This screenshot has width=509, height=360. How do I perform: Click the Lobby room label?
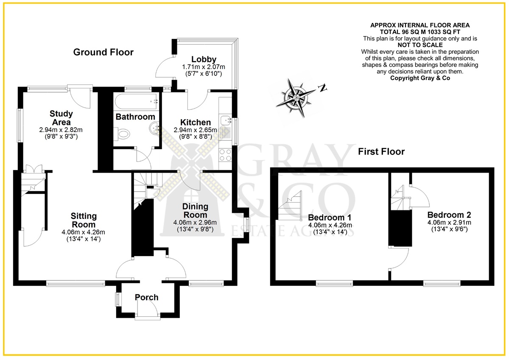coord(204,59)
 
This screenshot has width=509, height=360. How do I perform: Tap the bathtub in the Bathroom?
coord(136,101)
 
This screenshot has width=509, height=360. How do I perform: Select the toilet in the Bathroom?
coord(122,134)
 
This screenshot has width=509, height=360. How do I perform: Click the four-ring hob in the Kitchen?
coord(225,155)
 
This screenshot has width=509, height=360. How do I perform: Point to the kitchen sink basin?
coord(225,120)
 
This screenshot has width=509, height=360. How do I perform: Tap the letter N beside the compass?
coord(322,88)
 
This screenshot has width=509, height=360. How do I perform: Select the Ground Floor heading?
coord(103,52)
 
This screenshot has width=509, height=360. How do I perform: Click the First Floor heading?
coord(381,151)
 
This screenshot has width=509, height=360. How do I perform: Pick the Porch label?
coord(147,297)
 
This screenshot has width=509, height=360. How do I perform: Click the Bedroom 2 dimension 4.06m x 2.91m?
coord(449,222)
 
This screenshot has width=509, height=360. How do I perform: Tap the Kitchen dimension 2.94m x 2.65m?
coord(196,130)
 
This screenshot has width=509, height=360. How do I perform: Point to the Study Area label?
coord(61,118)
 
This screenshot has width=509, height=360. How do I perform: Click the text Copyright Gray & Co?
coord(420,78)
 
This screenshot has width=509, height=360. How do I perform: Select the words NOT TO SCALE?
coord(420,45)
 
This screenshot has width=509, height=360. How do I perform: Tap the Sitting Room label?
coord(84,220)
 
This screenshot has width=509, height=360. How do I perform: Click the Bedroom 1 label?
coord(330,218)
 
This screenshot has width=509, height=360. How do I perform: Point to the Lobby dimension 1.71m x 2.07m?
coord(204,67)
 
